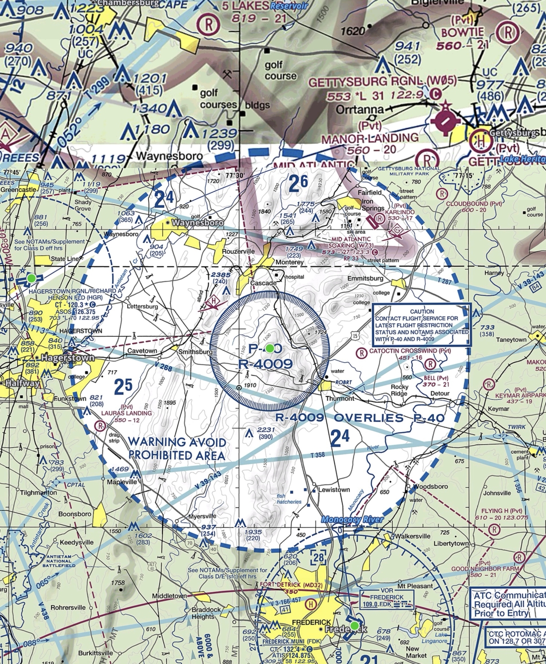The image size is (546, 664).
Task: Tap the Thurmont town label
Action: tap(340, 398)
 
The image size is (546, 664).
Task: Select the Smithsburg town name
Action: tap(195, 352)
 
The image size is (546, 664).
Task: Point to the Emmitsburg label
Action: tap(365, 278)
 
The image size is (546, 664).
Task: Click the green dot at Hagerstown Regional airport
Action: tap(31, 278)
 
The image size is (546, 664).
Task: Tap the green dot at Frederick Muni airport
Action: tap(354, 625)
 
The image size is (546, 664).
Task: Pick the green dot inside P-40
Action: tap(269, 348)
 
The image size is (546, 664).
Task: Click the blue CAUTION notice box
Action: tap(421, 325)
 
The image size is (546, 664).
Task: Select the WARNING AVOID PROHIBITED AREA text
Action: tap(177, 448)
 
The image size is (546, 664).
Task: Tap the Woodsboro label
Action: tap(430, 486)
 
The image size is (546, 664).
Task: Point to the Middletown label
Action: tap(169, 596)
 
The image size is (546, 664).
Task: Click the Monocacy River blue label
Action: tap(352, 520)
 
